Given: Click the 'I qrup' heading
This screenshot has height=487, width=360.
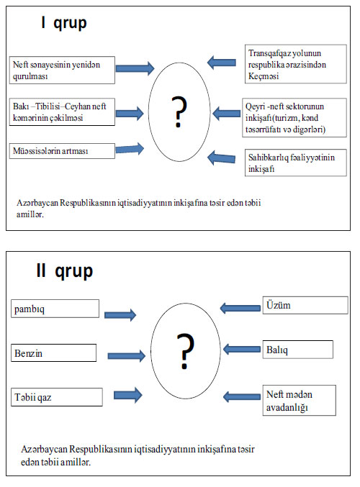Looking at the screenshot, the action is (64, 23).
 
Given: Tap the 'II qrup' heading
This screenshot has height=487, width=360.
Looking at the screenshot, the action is (65, 270).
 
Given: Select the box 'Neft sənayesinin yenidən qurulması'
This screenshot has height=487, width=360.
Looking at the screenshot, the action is (62, 70).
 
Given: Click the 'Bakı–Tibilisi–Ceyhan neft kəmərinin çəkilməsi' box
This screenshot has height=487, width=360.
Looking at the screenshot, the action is (62, 112).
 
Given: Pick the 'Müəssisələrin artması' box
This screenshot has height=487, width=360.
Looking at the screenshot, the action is (62, 151).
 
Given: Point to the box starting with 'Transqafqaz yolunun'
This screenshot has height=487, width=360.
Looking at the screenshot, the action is (296, 64).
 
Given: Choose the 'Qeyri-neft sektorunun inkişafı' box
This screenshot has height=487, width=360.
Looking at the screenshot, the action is (294, 118).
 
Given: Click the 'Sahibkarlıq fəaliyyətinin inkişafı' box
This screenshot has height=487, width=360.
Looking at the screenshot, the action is (296, 163).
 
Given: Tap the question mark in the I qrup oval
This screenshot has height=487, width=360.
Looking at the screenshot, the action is (179, 111).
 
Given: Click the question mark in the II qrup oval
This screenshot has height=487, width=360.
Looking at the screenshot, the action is (185, 351).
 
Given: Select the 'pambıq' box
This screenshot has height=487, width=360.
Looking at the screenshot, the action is (55, 309).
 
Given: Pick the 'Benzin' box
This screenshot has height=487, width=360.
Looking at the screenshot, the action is (54, 352).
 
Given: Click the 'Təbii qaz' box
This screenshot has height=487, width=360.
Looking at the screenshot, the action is (57, 397).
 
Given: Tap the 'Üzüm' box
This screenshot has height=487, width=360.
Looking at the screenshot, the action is (305, 305).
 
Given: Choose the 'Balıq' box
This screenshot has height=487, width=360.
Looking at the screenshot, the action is (298, 350).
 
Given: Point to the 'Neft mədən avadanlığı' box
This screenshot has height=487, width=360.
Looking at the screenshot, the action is (300, 401).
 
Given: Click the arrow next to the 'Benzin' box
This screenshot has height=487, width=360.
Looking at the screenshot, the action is (127, 356).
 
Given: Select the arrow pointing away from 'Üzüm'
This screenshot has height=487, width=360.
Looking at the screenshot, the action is (240, 308).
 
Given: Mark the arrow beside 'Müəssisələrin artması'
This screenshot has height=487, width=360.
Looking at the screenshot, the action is (130, 149).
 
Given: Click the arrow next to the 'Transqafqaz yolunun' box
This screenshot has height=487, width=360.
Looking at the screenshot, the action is (222, 63).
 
